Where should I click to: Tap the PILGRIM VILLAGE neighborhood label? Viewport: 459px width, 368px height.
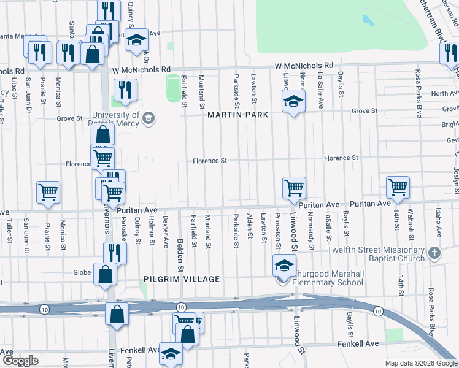pos(182,279)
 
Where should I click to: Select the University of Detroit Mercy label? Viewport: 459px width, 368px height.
pos(115,119)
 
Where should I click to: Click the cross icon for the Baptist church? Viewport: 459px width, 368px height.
pos(434,253)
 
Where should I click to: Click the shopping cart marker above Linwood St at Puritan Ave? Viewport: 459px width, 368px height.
pos(294,188)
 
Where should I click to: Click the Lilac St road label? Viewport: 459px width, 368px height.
pos(13,86)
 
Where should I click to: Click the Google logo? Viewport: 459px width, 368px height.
pos(20,361)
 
